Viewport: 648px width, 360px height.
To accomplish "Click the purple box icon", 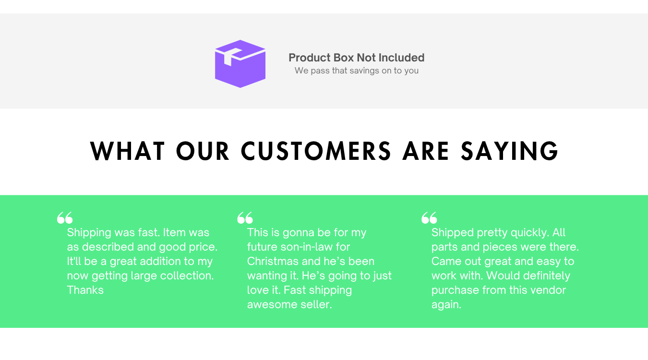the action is (240, 64).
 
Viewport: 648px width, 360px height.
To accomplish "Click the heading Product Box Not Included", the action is (356, 58).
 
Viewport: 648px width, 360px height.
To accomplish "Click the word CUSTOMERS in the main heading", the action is (316, 151).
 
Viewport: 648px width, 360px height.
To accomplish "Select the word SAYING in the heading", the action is (509, 151).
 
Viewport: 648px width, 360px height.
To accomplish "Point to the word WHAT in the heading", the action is (127, 151).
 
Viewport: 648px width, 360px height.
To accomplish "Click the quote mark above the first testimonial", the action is (65, 218).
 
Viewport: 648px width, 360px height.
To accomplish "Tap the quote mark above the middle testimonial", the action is (245, 218).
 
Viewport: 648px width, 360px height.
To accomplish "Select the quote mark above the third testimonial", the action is (429, 218).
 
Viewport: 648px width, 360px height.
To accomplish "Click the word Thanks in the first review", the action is (85, 290).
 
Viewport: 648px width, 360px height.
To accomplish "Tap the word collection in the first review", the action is (187, 276).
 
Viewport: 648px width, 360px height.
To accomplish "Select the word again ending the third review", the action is (446, 305).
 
